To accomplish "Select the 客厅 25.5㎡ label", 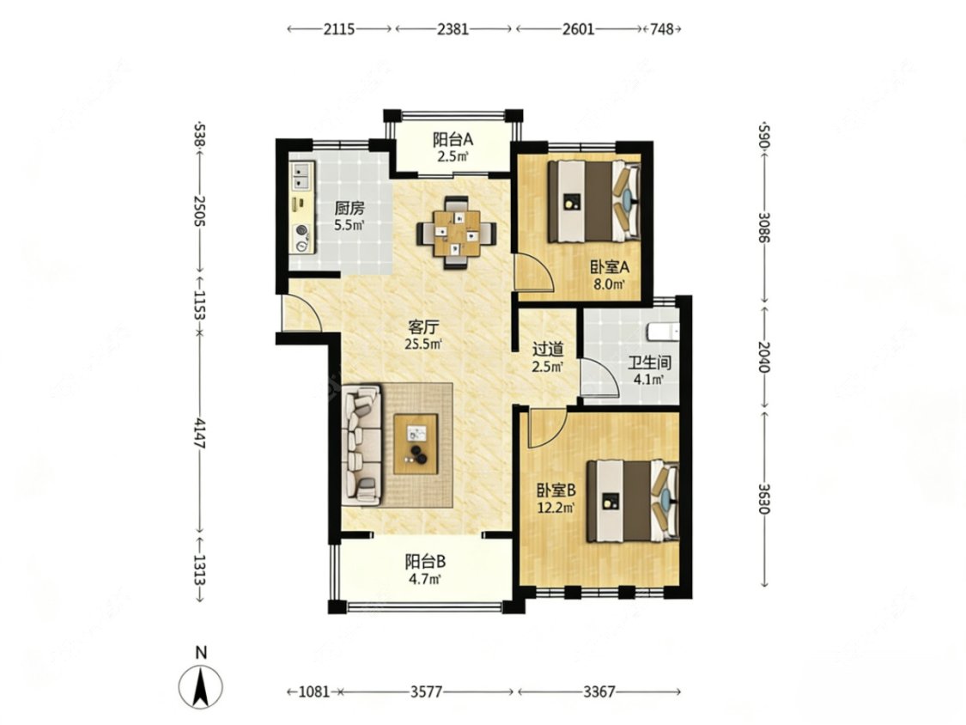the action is tap(423, 335).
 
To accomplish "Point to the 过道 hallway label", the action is tap(548, 350).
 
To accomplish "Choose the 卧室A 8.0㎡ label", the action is tap(610, 276).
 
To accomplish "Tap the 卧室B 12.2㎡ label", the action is tap(556, 499).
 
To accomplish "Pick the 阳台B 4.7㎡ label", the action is tap(425, 570).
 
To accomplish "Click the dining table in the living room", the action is tap(456, 233).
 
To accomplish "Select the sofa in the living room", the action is tap(361, 445).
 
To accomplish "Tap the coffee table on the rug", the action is tap(416, 444).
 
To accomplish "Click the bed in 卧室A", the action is tap(594, 201).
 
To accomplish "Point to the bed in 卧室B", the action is tap(633, 501).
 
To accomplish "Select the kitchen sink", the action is tap(302, 176).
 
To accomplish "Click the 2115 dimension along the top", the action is tap(339, 29).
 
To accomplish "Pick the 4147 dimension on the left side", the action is tap(199, 434).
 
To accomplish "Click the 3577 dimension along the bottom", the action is tap(426, 691).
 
